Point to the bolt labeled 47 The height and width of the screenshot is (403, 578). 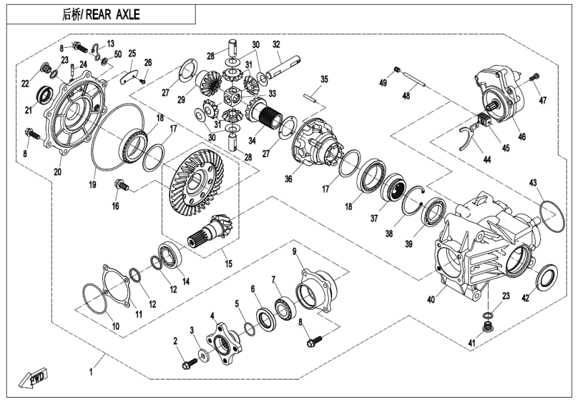coord(534,79)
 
